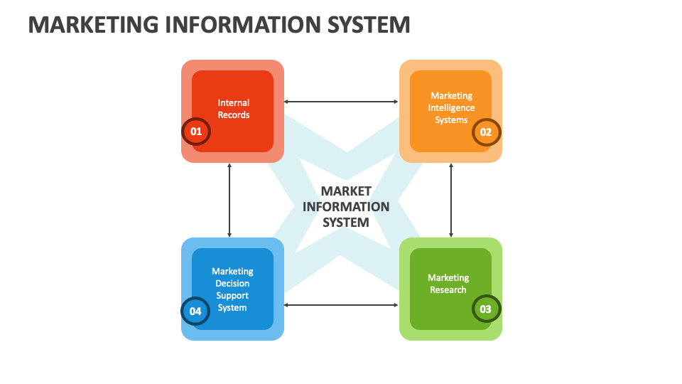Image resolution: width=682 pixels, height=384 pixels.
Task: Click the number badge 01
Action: (196, 132)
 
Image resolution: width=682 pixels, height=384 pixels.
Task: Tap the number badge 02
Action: (487, 132)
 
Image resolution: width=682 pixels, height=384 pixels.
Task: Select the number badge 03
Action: (487, 309)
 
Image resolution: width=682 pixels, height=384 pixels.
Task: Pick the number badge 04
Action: (196, 311)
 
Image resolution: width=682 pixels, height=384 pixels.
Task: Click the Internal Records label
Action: (234, 109)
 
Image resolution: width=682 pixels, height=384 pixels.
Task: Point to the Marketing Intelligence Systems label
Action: (451, 107)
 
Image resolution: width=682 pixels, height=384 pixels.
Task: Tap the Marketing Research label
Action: (448, 284)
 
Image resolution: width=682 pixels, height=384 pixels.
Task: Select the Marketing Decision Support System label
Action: (232, 289)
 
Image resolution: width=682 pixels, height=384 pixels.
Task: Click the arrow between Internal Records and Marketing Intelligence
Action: (341, 102)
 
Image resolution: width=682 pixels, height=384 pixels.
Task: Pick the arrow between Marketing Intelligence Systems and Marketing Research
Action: (451, 200)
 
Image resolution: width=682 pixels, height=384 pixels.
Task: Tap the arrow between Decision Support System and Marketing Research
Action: (341, 305)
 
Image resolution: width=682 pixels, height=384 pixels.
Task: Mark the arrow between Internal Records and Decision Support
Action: (229, 200)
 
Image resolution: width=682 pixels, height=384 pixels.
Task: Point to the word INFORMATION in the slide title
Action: (243, 25)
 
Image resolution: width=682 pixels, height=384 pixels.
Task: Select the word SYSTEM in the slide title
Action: (367, 25)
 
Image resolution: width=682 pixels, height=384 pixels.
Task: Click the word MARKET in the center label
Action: (346, 191)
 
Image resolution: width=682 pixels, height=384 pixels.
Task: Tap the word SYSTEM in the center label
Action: (346, 223)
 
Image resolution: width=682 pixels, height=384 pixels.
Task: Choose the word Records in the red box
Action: (234, 115)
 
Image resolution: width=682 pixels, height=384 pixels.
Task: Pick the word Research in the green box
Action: (448, 290)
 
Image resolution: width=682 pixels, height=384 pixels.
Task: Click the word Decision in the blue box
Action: (232, 284)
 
